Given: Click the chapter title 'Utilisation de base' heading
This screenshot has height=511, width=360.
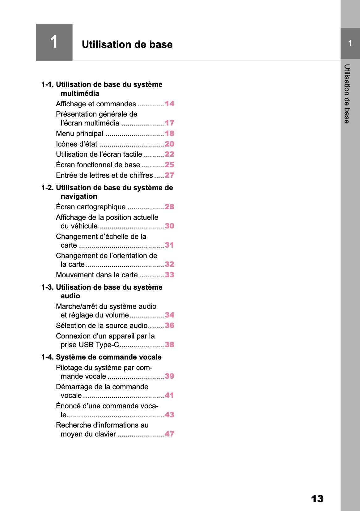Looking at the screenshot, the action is pos(127,45).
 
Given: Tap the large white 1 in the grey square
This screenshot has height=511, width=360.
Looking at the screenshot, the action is pos(54,42).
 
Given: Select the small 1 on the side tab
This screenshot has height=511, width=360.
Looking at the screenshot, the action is pos(350,43).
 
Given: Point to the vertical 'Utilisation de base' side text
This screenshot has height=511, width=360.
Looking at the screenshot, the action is pos(347,94).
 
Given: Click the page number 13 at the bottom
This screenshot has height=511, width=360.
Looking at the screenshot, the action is pos(317,499).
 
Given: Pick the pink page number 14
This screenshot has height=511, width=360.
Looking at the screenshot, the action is pos(169,104).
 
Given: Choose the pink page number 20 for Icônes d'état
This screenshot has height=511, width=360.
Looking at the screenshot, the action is pos(169,144).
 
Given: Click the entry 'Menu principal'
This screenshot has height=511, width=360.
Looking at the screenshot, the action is pos(79,134).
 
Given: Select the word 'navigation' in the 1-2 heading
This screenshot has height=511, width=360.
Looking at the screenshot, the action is pos(79,196).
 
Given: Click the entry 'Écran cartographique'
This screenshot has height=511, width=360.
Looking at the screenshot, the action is pos(91,207).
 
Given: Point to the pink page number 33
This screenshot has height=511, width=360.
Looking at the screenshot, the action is pos(169,275).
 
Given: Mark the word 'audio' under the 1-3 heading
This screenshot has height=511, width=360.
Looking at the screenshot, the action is pos(70,296).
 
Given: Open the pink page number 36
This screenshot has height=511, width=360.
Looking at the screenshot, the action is pos(169,326).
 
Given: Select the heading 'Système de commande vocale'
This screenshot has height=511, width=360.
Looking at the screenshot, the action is pos(108,357).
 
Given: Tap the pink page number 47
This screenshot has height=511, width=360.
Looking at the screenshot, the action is pos(169,434).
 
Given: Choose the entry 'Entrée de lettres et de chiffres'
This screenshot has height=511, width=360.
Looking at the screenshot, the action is pos(104,175).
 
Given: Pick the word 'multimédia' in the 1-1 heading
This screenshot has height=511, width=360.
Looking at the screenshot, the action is pos(80,93).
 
